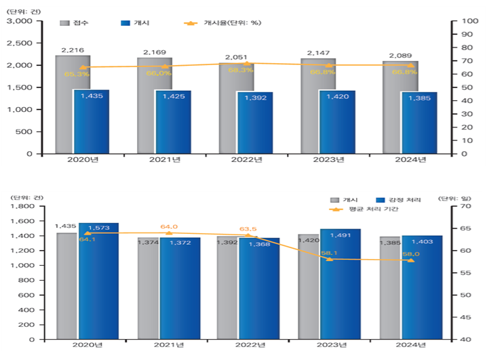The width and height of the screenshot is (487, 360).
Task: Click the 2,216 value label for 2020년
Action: tap(72, 50)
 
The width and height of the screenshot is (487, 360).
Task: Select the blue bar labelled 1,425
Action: tap(174, 122)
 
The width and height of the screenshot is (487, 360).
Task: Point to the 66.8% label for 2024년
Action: tap(404, 71)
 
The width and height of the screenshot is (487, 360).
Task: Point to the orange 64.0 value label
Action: tap(169, 227)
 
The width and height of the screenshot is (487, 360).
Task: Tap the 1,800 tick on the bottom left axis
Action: tap(24, 206)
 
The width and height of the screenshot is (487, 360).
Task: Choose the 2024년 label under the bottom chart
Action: tap(411, 346)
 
